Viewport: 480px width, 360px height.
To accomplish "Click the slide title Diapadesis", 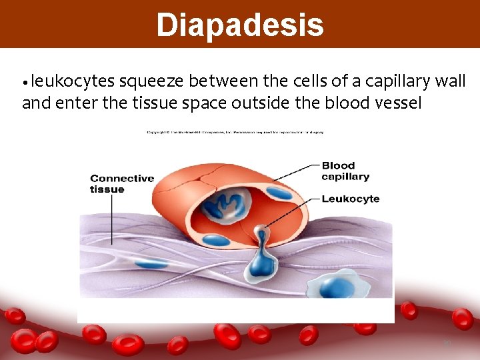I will pyautogui.click(x=240, y=25).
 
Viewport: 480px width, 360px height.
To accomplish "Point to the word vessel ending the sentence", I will pyautogui.click(x=399, y=103).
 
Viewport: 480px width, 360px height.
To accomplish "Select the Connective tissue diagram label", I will pyautogui.click(x=121, y=183).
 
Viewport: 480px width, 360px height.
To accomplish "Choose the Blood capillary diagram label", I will pyautogui.click(x=345, y=171).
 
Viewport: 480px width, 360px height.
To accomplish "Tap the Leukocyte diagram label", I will pyautogui.click(x=350, y=199).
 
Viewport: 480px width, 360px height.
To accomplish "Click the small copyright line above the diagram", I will pyautogui.click(x=235, y=133).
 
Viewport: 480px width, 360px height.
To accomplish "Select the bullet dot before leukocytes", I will pyautogui.click(x=25, y=83).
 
